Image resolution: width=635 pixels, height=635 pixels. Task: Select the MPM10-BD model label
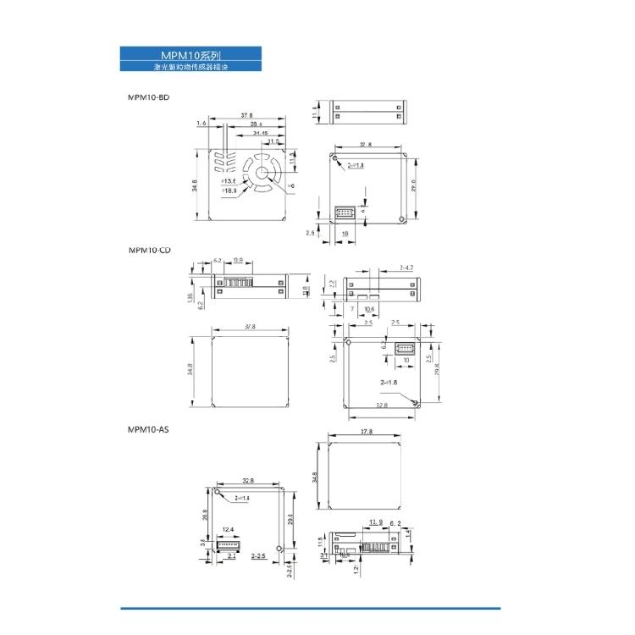point(148,97)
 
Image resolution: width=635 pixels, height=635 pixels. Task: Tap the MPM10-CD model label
point(150,250)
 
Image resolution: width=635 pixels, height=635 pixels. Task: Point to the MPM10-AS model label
point(148,430)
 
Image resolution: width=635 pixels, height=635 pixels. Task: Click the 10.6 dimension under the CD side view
point(369,309)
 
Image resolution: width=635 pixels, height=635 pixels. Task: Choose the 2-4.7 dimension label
point(404,268)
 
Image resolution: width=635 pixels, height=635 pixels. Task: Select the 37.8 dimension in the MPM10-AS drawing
point(366,432)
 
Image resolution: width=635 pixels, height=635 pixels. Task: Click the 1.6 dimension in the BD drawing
point(201,124)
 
